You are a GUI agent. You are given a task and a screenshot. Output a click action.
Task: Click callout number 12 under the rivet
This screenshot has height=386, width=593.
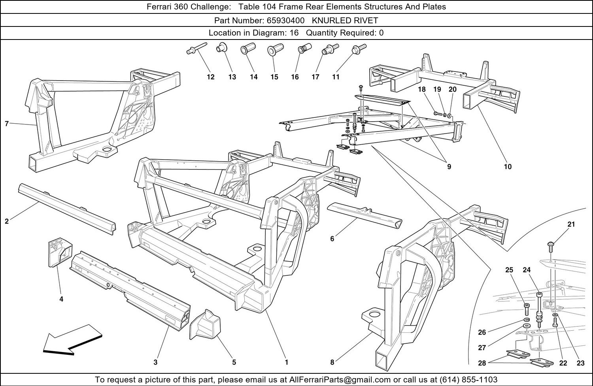coord(211,77)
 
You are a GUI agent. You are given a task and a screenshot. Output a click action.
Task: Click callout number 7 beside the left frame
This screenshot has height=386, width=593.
coord(7,124)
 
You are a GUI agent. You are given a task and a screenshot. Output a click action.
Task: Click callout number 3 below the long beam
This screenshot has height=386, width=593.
coord(156,362)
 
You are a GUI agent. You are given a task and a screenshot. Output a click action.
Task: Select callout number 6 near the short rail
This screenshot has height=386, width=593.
coord(332,239)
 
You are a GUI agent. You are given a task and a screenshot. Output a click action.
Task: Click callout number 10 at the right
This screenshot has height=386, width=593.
coord(508,167)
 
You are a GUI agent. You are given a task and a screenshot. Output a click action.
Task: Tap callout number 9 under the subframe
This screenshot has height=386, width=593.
coord(449,167)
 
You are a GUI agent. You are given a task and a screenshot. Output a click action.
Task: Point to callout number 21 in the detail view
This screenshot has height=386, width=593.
coord(571,224)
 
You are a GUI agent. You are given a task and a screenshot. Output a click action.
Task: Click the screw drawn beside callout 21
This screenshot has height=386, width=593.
coord(551,246)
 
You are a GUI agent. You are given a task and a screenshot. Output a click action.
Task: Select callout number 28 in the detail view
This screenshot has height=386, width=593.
coord(482,363)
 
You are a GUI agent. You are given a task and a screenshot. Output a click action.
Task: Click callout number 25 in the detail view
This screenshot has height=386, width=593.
coord(509,270)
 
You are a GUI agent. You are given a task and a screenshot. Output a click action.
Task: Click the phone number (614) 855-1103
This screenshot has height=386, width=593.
coord(468,380)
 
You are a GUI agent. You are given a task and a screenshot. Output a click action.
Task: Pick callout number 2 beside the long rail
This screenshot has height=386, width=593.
coord(7,221)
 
